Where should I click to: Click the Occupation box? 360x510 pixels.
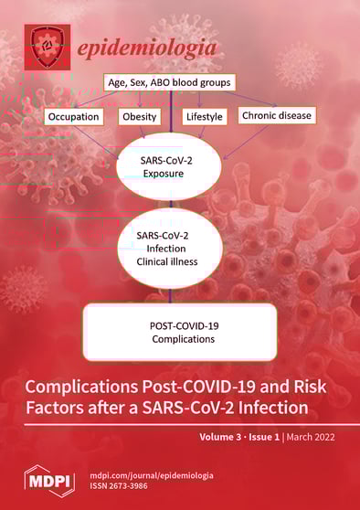click(x=76, y=116)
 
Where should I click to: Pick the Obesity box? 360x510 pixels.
click(x=140, y=116)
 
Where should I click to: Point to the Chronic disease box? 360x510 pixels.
click(x=275, y=115)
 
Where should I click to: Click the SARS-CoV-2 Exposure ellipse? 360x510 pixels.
click(x=179, y=166)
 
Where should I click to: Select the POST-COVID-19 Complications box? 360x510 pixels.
click(x=180, y=331)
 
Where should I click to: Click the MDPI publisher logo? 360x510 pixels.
click(x=42, y=479)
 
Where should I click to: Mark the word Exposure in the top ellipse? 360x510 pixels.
click(x=179, y=174)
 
